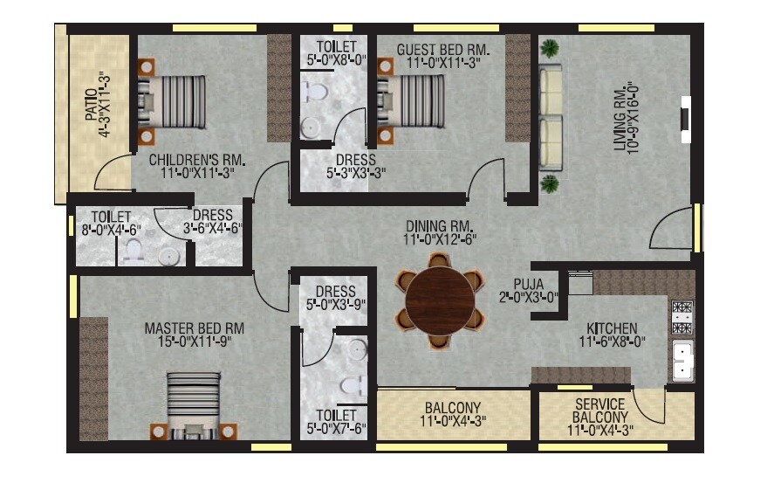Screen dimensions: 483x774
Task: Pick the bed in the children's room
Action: point(172,102)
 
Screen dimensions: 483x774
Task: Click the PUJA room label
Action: point(529,284)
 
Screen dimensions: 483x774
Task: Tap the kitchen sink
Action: point(681,360)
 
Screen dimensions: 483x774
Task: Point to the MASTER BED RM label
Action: point(195,328)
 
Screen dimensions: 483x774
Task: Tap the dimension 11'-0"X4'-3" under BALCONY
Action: point(453,422)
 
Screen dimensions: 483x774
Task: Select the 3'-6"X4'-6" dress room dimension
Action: point(213,229)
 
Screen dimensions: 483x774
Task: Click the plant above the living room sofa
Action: point(550,48)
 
